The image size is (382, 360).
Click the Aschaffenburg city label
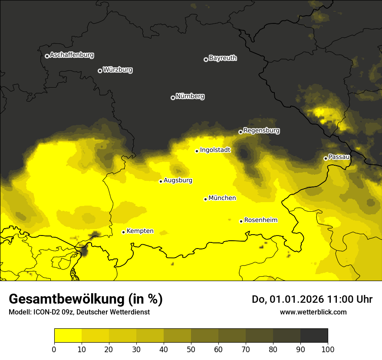[72, 55]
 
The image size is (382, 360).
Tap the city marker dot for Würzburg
[100, 71]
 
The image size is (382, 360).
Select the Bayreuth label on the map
[223, 58]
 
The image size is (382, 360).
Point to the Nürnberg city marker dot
[173, 98]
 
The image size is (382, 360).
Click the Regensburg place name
[261, 131]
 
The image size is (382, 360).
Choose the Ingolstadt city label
[215, 150]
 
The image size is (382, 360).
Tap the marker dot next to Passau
[326, 158]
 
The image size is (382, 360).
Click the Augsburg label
[178, 180]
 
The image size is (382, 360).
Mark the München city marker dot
[205, 199]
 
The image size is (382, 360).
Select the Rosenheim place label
[260, 220]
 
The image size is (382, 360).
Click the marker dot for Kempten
[123, 232]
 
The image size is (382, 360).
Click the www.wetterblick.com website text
[313, 312]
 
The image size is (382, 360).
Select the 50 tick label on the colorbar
[191, 349]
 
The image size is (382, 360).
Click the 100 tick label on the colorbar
[327, 349]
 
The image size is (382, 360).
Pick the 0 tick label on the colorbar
[54, 349]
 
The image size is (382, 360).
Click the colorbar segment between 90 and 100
[314, 336]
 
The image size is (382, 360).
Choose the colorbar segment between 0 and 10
[68, 336]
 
